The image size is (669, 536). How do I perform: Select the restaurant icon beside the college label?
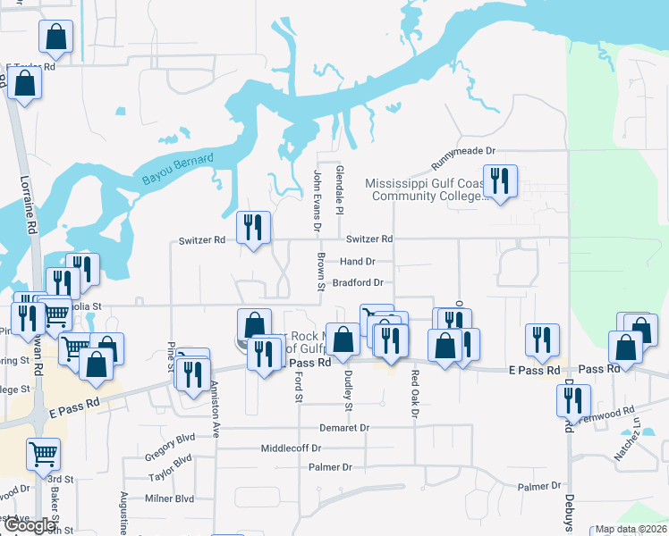(x=500, y=181)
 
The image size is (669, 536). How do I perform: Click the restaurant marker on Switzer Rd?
(x=254, y=228)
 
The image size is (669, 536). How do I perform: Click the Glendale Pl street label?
(x=339, y=189)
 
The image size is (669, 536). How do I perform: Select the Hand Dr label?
(x=357, y=262)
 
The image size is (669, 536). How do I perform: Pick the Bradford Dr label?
(x=358, y=282)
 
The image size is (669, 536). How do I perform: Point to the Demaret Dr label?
(x=344, y=428)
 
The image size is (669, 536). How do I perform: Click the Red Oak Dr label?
(x=415, y=387)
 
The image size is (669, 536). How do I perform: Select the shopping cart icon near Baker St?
(x=43, y=454)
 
